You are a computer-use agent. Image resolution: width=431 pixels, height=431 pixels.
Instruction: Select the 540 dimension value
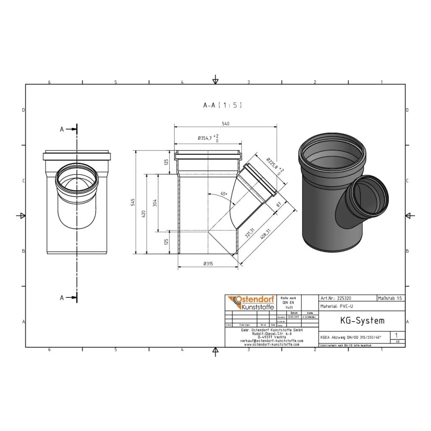(225, 124)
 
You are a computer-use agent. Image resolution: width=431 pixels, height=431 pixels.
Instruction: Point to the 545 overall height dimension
(133, 202)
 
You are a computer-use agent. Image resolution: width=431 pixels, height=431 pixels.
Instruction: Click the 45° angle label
(223, 194)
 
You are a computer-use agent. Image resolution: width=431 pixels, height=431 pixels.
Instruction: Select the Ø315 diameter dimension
(208, 264)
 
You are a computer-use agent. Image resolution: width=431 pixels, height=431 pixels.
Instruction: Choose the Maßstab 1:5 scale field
(390, 298)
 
